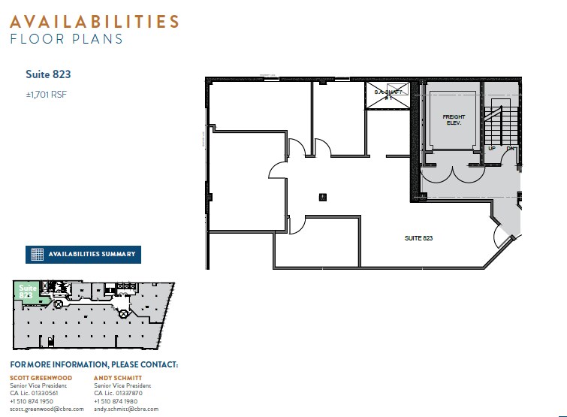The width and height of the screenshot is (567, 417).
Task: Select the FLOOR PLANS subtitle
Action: (66, 39)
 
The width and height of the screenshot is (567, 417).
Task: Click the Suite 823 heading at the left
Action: (48, 74)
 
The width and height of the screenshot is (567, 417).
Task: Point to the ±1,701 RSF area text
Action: (47, 95)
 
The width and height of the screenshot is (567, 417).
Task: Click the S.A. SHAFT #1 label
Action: (388, 95)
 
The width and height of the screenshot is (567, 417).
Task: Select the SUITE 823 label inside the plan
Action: (419, 238)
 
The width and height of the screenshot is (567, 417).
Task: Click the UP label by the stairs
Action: (492, 148)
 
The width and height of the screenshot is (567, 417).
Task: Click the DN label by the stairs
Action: (511, 148)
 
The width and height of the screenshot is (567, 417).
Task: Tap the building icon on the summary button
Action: (37, 254)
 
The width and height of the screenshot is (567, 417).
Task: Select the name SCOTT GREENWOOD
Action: (41, 377)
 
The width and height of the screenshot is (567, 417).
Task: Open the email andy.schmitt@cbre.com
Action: (126, 409)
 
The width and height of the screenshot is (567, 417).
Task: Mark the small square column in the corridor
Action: (323, 197)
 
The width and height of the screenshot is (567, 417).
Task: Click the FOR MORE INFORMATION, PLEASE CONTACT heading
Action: (94, 365)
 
